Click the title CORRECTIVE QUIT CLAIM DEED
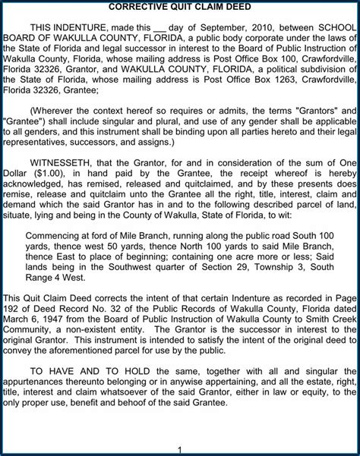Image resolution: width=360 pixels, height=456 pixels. (180, 7)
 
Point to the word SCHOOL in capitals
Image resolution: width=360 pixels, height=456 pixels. (336, 25)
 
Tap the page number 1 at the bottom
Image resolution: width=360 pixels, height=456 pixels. (180, 449)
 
